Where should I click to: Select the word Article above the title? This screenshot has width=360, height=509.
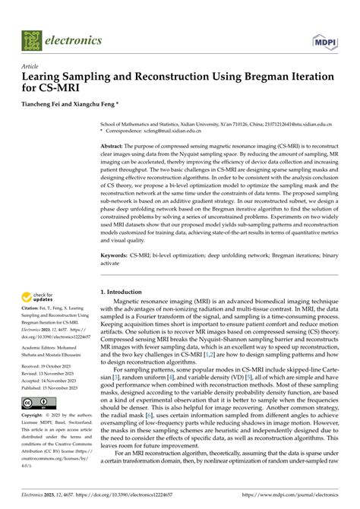click(x=30, y=66)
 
